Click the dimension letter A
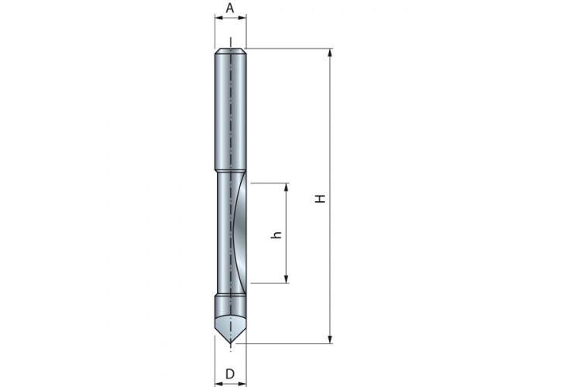230,8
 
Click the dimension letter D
230,374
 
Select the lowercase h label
277,235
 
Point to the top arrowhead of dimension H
331,53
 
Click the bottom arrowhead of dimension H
331,339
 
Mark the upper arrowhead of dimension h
286,187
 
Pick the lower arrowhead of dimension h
286,279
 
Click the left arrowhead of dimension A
219,17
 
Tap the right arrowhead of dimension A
242,17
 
